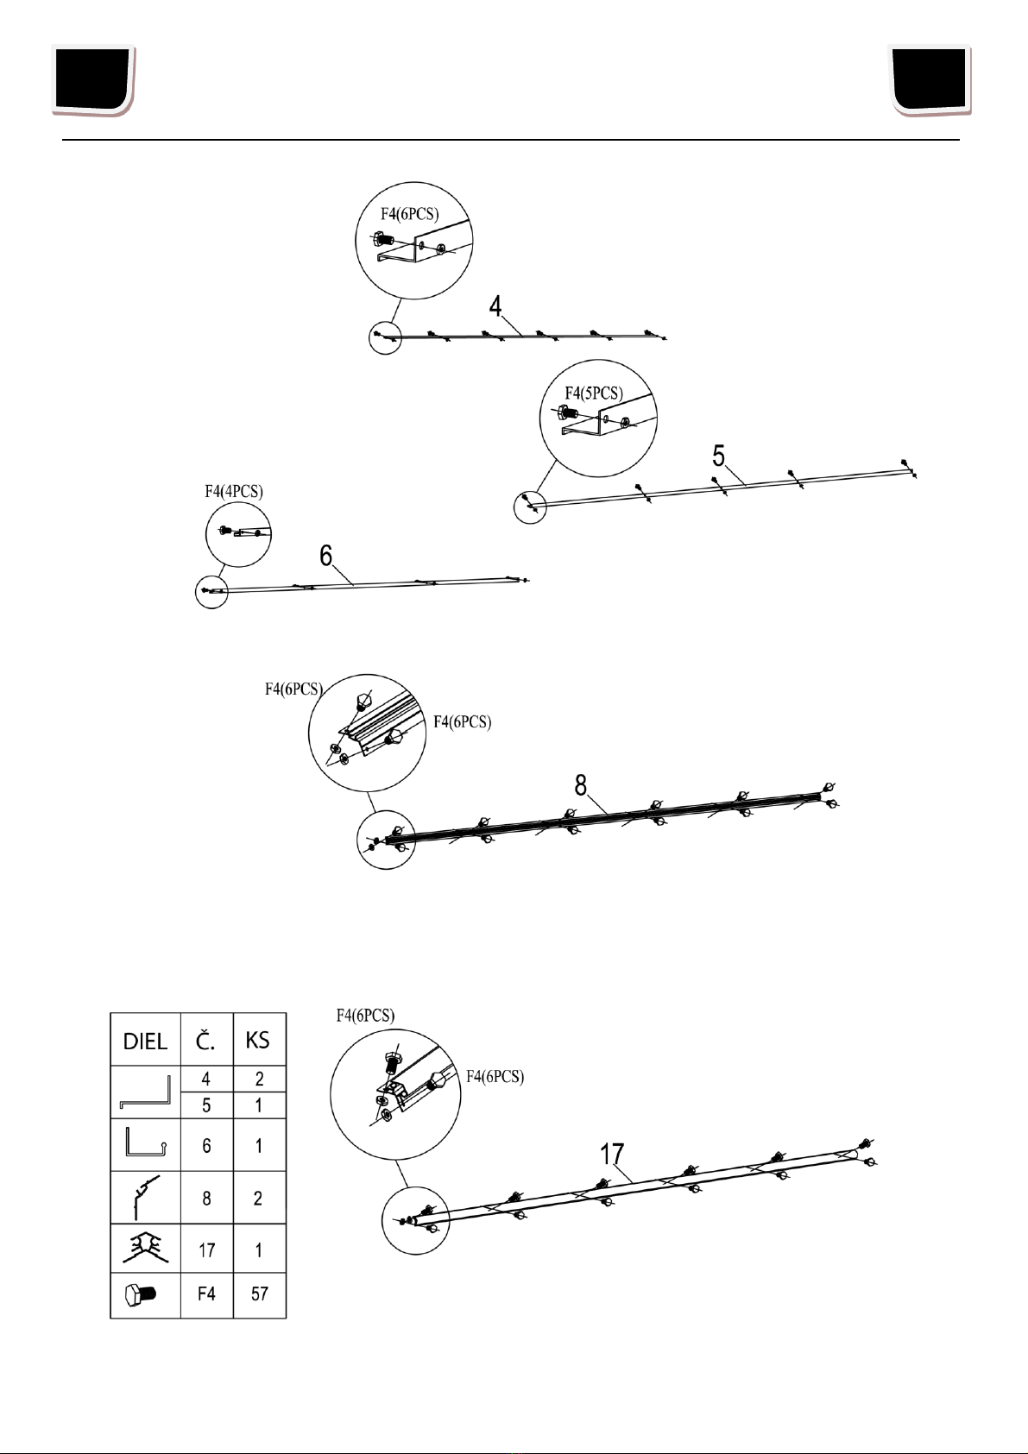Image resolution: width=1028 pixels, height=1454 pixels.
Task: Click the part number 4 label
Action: tap(495, 306)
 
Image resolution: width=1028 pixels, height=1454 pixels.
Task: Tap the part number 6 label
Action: tap(326, 557)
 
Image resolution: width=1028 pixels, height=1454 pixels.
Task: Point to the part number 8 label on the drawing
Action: tap(581, 785)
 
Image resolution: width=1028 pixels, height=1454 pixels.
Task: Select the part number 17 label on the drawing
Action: tap(612, 1155)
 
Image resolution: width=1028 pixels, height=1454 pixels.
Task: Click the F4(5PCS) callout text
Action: tap(593, 393)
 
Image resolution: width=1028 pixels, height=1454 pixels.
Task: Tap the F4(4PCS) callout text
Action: tap(234, 491)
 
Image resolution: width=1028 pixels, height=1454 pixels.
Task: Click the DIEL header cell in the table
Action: tap(145, 1041)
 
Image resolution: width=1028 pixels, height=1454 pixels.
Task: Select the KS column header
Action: tap(258, 1040)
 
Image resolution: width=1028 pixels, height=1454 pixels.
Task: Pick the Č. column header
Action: tap(206, 1040)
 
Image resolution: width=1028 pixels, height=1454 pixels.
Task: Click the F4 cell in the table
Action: tap(206, 1293)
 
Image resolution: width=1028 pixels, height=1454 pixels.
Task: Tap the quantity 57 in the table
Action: tap(259, 1293)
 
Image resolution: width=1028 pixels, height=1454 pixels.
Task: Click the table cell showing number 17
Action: tap(206, 1249)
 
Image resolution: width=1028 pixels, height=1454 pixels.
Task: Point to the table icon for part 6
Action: tap(143, 1144)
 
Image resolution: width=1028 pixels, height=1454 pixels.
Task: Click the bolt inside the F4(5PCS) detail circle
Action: tap(574, 413)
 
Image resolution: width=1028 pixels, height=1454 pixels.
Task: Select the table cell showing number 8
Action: tap(206, 1198)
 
